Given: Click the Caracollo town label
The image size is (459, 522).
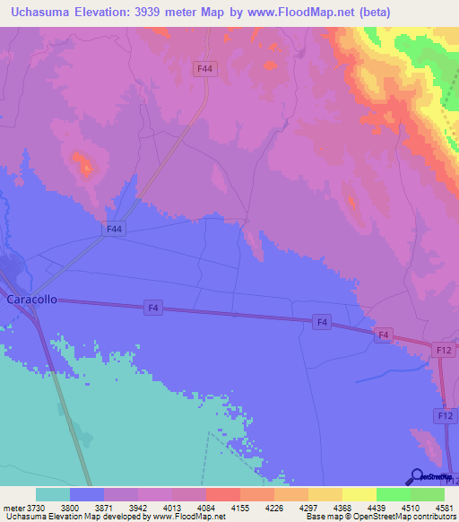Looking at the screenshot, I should tap(31, 300).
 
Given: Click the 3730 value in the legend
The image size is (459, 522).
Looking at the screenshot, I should tap(36, 508).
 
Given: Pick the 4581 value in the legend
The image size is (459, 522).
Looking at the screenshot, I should tap(444, 508).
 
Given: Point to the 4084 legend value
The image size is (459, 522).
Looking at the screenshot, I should tap(206, 508).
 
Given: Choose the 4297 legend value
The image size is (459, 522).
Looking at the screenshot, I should tap(307, 508).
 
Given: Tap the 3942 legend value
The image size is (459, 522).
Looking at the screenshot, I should tap(138, 508).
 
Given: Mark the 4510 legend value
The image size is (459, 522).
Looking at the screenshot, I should tap(410, 508).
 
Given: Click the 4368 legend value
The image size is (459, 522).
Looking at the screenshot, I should tap(342, 508).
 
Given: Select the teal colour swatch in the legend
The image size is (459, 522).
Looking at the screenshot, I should tap(53, 494).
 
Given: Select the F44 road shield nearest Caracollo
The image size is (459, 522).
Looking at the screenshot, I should tap(113, 230).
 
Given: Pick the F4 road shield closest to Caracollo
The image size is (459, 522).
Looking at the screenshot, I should tap(154, 308).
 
